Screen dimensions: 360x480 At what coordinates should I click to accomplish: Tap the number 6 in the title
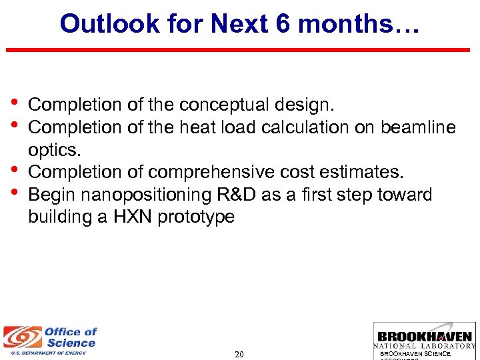point(283,24)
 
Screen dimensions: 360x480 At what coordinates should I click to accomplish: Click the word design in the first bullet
point(306,105)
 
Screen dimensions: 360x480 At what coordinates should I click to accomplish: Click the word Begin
point(51,195)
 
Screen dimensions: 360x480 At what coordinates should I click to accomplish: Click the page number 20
point(239,354)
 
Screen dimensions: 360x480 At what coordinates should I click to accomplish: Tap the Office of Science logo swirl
point(20,337)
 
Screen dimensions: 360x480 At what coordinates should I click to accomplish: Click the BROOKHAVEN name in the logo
point(425,336)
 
